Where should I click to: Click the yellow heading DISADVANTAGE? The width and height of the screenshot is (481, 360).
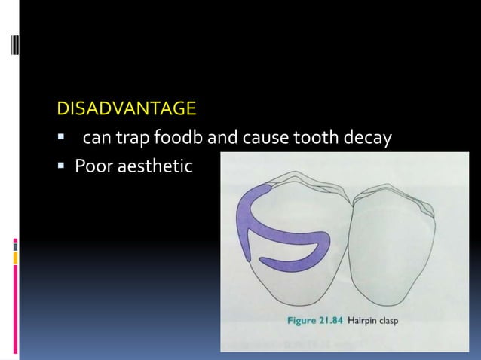[127, 111]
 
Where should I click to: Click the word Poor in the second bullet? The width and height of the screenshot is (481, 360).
[91, 164]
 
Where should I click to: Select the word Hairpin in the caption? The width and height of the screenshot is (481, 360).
[365, 319]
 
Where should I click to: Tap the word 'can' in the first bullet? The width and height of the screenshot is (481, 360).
[96, 138]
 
